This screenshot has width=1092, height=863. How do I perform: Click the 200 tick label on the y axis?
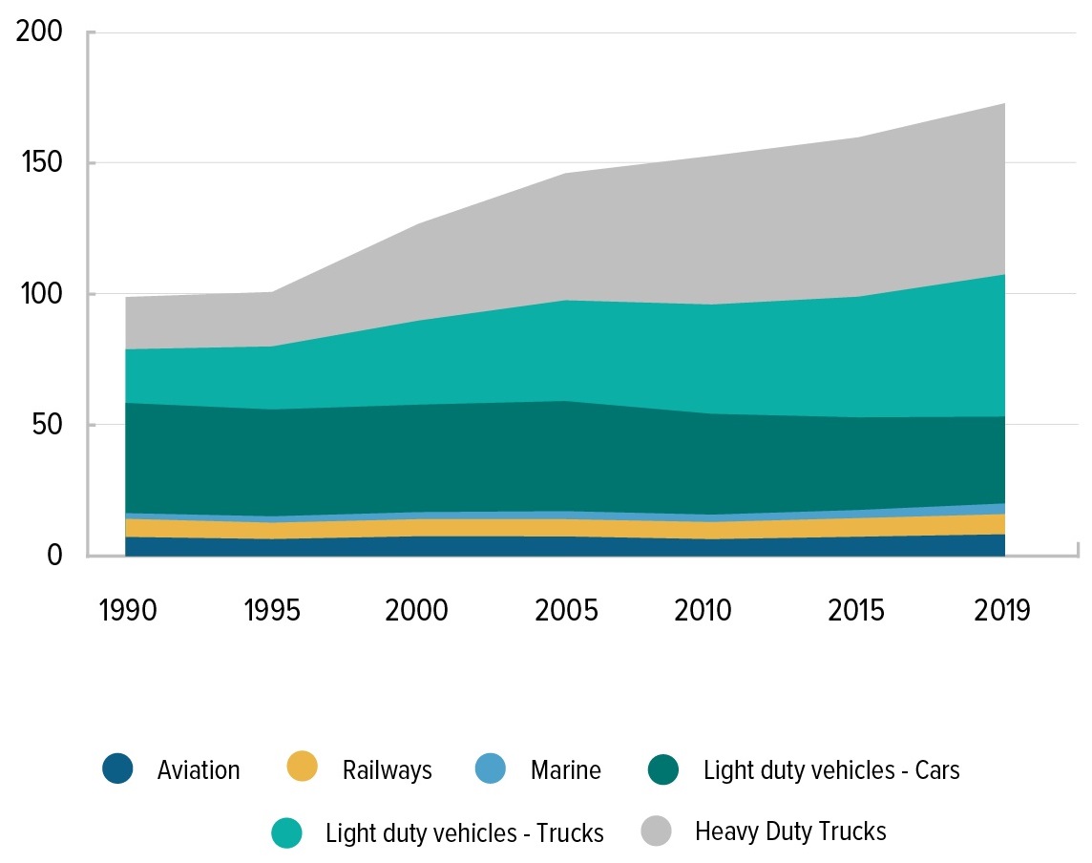(x=41, y=32)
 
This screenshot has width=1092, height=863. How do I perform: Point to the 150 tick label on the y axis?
(x=41, y=163)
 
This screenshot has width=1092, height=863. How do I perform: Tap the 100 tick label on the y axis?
(x=41, y=294)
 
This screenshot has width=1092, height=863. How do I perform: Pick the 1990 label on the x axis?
(x=127, y=609)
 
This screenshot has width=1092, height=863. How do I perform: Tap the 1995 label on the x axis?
(x=273, y=609)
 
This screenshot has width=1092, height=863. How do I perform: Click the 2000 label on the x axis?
(x=418, y=609)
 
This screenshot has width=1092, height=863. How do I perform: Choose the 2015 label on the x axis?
(x=855, y=609)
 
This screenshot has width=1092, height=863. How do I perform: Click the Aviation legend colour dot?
(x=118, y=769)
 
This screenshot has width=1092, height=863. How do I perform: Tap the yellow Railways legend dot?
(x=303, y=769)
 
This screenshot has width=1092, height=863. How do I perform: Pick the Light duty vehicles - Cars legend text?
(x=831, y=770)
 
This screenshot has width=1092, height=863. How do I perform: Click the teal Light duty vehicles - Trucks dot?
(x=286, y=832)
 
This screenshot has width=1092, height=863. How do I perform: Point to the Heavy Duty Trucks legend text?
(x=790, y=831)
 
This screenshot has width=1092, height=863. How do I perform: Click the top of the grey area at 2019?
(x=1004, y=103)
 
